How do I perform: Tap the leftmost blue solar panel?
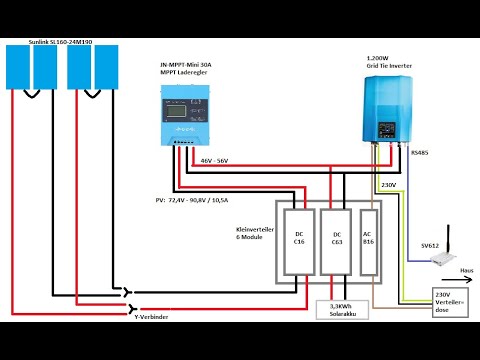[19, 68]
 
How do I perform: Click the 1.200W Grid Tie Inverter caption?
[389, 62]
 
